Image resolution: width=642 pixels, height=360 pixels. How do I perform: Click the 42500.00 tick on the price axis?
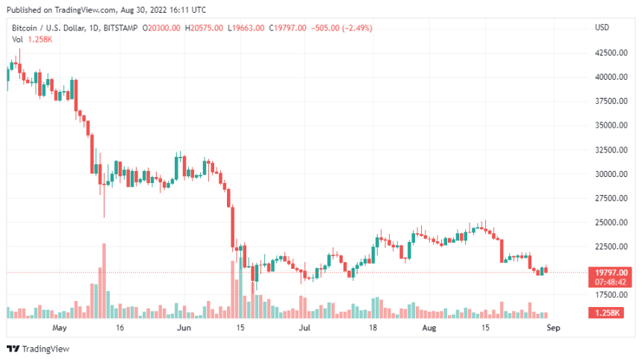point(611,53)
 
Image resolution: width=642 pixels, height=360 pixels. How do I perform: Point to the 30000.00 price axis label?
point(611,174)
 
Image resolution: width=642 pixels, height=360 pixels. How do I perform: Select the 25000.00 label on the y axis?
point(611,223)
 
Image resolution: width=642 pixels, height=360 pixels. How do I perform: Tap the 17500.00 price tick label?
point(611,295)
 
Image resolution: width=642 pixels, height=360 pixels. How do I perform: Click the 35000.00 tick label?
point(611,125)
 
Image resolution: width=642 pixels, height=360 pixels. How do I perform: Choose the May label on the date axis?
point(60,327)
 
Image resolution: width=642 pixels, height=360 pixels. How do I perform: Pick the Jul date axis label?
point(304,327)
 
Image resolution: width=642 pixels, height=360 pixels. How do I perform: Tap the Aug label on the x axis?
point(428,327)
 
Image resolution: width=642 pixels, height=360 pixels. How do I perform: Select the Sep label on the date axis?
point(552,327)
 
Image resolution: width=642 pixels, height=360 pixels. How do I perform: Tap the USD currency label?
point(602,28)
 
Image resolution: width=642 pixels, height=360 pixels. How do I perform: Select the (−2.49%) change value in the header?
point(356,28)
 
